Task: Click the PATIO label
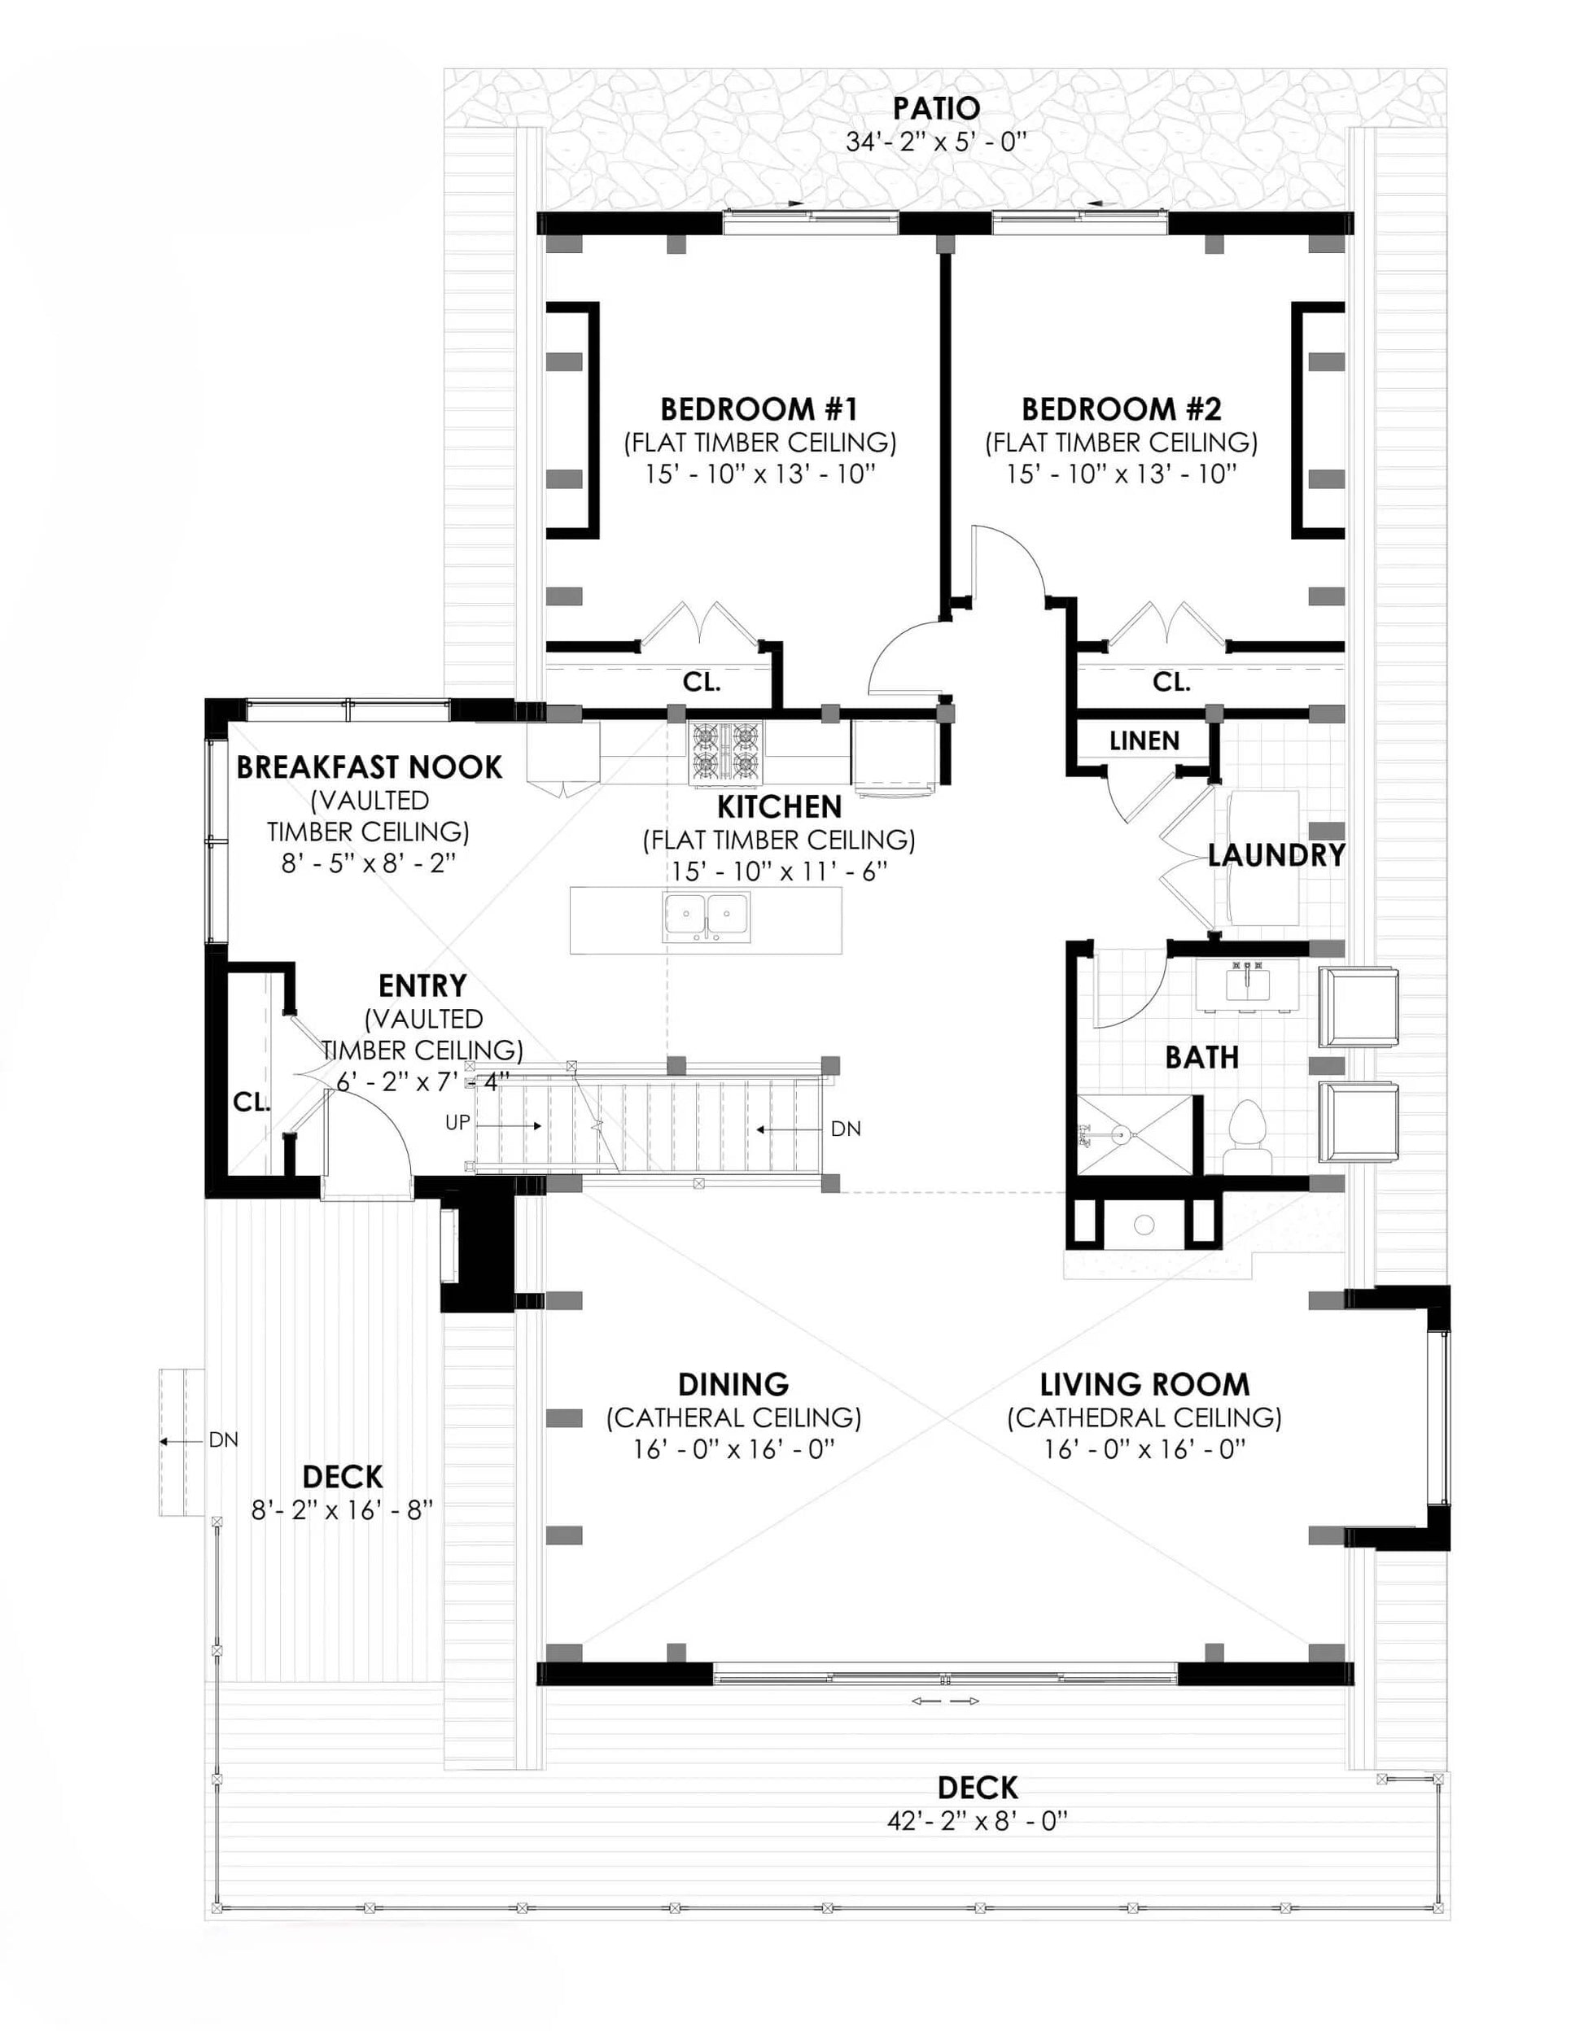[936, 108]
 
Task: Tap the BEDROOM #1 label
[759, 409]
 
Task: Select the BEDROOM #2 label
[1121, 409]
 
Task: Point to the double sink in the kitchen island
[706, 916]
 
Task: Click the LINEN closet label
[1144, 740]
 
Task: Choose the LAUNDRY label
[1276, 854]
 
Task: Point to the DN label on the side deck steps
[223, 1439]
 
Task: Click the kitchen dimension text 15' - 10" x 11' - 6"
[780, 871]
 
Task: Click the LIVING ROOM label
[1144, 1385]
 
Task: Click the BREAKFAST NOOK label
[370, 767]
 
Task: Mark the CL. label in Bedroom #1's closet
[702, 682]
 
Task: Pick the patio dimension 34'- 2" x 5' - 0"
[936, 142]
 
